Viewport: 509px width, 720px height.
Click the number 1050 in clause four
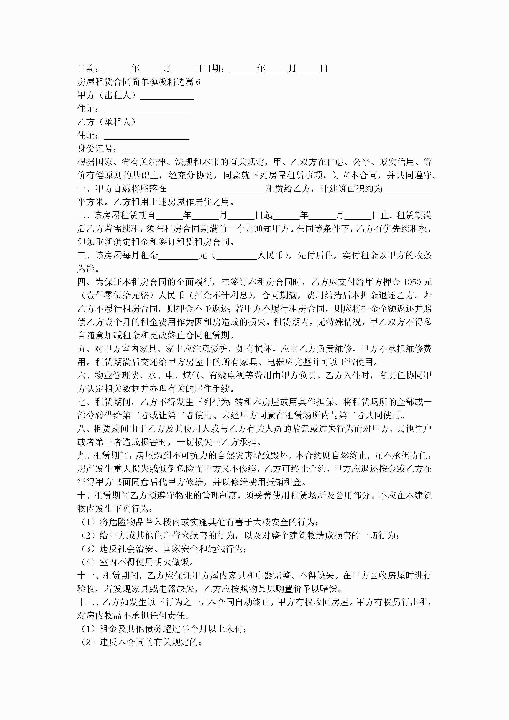tap(412, 282)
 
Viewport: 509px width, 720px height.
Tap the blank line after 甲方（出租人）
tap(166, 95)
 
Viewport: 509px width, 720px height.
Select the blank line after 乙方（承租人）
tap(166, 122)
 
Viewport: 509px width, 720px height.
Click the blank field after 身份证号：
tap(156, 149)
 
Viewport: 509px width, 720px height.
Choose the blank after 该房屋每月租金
tap(178, 256)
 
